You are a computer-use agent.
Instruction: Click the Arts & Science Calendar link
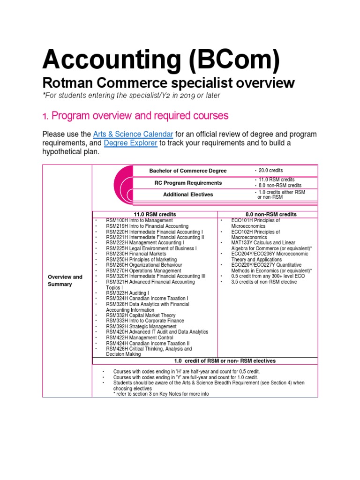coord(133,134)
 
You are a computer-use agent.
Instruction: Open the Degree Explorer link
coord(131,143)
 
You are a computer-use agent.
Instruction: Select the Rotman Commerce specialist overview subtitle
coord(168,83)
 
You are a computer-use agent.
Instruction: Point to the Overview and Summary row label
coord(65,280)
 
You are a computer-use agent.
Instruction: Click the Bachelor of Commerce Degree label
coord(187,171)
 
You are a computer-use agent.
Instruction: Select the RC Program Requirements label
coord(187,183)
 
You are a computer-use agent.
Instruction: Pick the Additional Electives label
coord(187,194)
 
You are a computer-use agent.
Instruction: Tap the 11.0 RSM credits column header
coord(155,214)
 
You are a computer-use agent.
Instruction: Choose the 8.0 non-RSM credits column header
coord(268,214)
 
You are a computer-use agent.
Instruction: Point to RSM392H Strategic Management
coord(141,326)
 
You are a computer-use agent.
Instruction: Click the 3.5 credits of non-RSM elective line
coord(264,282)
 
